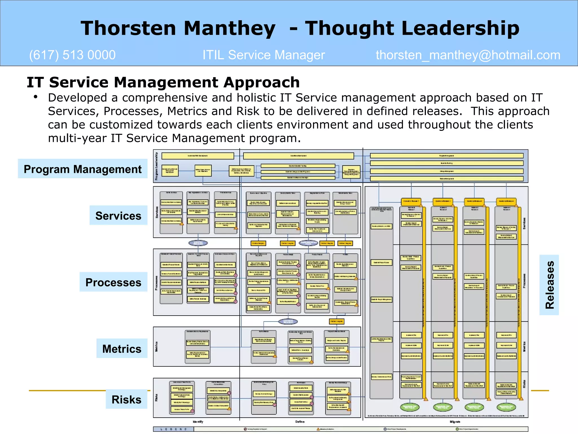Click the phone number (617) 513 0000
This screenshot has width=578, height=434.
click(x=72, y=55)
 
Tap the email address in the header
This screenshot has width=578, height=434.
click(x=468, y=55)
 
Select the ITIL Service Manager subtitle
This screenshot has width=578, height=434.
click(x=264, y=55)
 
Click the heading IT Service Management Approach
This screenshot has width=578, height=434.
click(x=163, y=83)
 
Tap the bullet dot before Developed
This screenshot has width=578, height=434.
click(x=36, y=97)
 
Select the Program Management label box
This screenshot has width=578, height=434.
click(x=82, y=169)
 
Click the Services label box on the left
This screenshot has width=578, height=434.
click(x=118, y=216)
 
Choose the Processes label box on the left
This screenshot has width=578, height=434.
click(x=113, y=282)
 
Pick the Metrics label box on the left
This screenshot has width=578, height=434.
click(x=122, y=349)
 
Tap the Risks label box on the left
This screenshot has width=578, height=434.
click(x=126, y=400)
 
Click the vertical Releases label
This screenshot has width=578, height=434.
click(x=549, y=285)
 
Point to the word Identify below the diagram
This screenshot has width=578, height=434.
click(x=198, y=422)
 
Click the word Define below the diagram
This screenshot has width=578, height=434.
click(x=300, y=422)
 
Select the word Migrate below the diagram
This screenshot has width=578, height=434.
click(x=455, y=422)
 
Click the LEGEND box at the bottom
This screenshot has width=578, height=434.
click(x=174, y=429)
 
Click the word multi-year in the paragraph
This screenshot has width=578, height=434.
click(x=77, y=138)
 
